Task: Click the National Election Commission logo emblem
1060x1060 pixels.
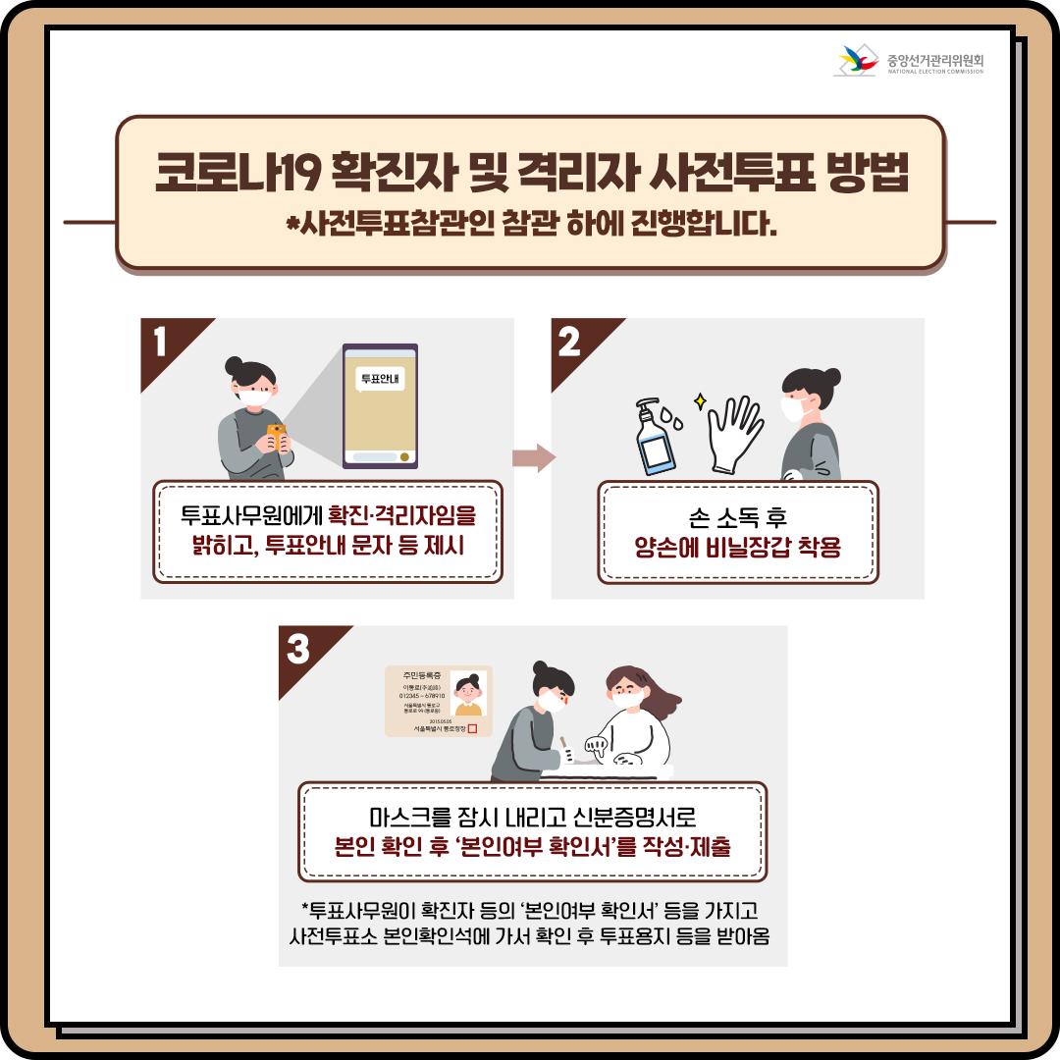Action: [855, 62]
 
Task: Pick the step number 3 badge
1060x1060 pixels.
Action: [297, 648]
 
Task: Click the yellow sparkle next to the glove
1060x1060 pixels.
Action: [701, 400]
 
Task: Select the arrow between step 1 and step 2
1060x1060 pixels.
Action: [534, 457]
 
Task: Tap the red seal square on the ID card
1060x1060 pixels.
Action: [472, 728]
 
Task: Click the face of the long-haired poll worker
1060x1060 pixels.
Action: [626, 692]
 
